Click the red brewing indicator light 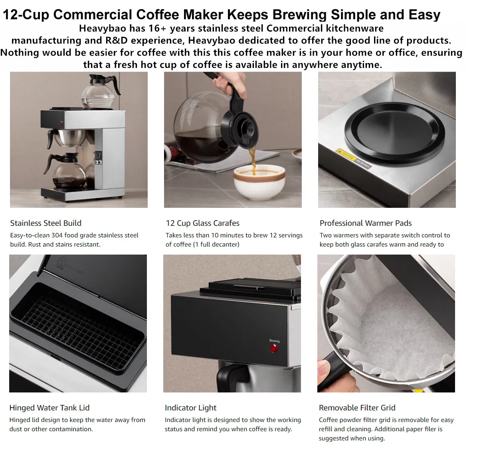tap(274, 348)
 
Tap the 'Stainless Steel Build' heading tap(46, 223)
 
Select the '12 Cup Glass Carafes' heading tap(202, 223)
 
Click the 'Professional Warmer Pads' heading tap(365, 223)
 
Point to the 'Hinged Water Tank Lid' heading tap(49, 408)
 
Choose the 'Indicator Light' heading tap(190, 408)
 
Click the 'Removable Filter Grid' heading tap(357, 408)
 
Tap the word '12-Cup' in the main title tap(26, 15)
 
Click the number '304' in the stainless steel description tap(57, 235)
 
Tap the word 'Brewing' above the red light tap(274, 341)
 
